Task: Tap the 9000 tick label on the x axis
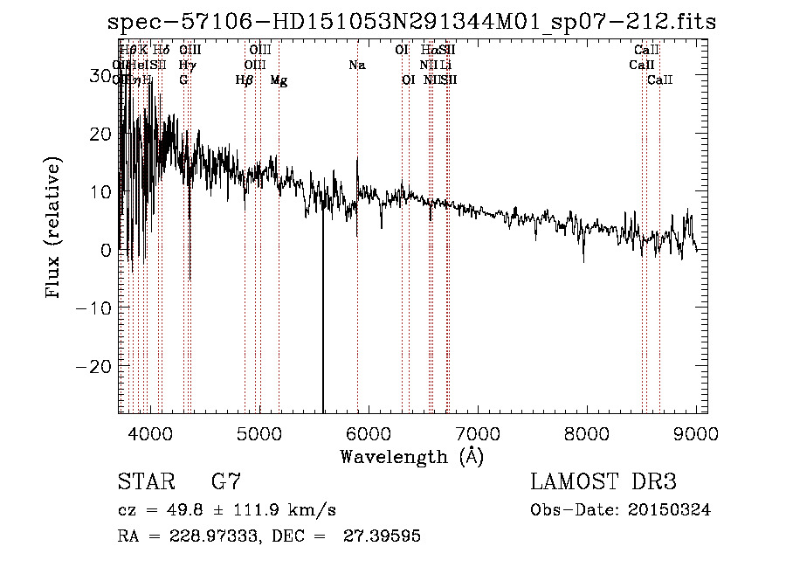click(x=696, y=433)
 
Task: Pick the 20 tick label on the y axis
click(x=102, y=134)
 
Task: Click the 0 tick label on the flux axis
click(x=107, y=250)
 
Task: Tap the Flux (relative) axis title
click(x=54, y=230)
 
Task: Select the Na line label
click(x=356, y=65)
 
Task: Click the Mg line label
click(x=279, y=80)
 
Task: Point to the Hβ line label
click(x=245, y=80)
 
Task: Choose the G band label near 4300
click(x=183, y=80)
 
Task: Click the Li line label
click(x=445, y=65)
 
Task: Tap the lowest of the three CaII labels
click(x=659, y=80)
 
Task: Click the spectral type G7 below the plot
click(x=226, y=481)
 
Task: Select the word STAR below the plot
click(x=147, y=481)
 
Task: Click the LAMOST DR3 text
click(x=603, y=481)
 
